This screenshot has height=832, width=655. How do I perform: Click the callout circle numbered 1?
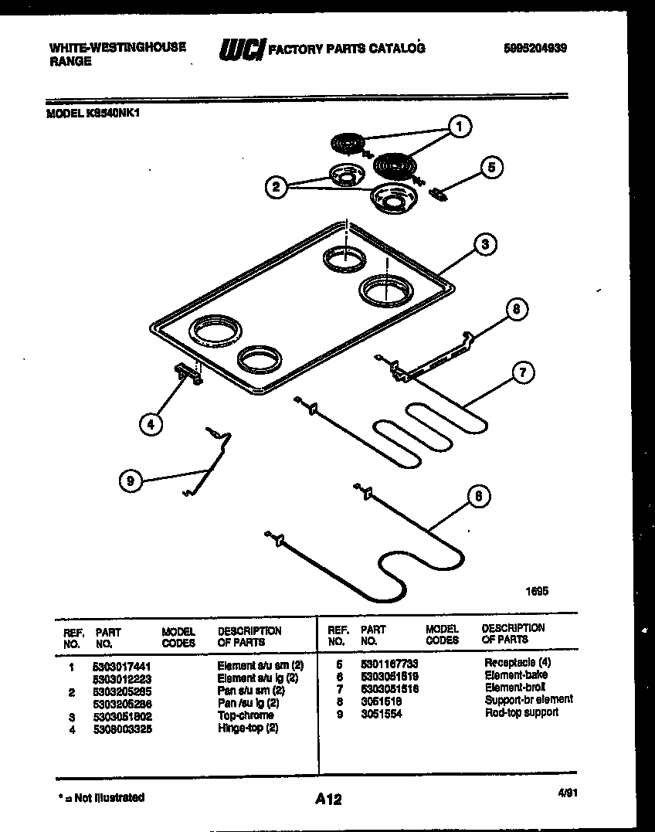(460, 126)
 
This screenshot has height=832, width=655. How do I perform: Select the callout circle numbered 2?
(275, 185)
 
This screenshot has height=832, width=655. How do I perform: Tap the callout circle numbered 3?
(484, 245)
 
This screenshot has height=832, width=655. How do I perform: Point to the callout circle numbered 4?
(151, 423)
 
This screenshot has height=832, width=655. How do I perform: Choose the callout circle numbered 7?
(522, 373)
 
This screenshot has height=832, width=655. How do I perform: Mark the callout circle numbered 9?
(131, 481)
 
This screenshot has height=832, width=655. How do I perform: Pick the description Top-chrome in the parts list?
(245, 715)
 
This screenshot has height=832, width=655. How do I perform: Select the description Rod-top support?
(521, 712)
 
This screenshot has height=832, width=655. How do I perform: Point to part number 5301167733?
(389, 663)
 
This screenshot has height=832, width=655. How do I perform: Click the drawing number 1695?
(536, 591)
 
